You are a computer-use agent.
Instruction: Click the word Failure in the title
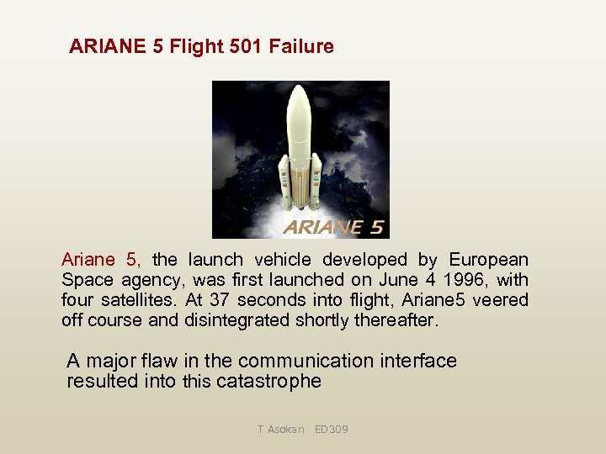[x=301, y=46]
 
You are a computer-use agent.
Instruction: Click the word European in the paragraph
[x=489, y=260]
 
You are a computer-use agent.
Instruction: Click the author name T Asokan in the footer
[x=281, y=430]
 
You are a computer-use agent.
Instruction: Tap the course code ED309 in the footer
[x=331, y=430]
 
